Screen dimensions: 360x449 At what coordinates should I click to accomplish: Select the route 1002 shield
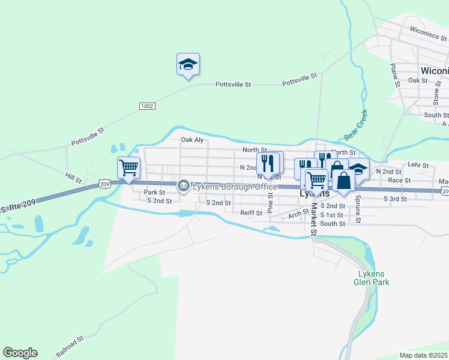coord(147,106)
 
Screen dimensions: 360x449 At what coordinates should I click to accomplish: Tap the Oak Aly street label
coord(193,140)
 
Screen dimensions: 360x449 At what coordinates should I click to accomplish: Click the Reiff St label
coord(252,213)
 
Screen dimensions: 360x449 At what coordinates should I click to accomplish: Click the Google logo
coord(20,353)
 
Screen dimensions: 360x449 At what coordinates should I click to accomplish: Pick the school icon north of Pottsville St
coord(188,64)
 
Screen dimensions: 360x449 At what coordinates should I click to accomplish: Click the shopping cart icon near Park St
coord(128,168)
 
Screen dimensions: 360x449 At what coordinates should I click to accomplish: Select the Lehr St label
coord(418,164)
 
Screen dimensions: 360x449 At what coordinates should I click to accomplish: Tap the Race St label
coord(399,180)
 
